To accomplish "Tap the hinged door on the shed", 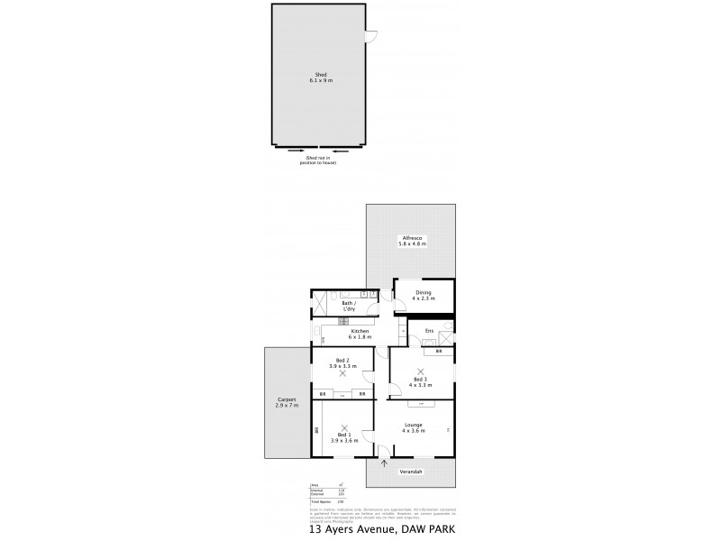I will pos(371,35).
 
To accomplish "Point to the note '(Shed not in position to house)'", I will pos(321,160).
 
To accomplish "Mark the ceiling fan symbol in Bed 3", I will pos(420,371).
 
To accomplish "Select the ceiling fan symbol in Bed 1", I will pos(344,428).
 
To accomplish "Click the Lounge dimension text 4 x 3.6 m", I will pos(414,431).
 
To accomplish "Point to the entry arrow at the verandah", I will pos(386,465).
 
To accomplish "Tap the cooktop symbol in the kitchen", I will pos(342,322).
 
